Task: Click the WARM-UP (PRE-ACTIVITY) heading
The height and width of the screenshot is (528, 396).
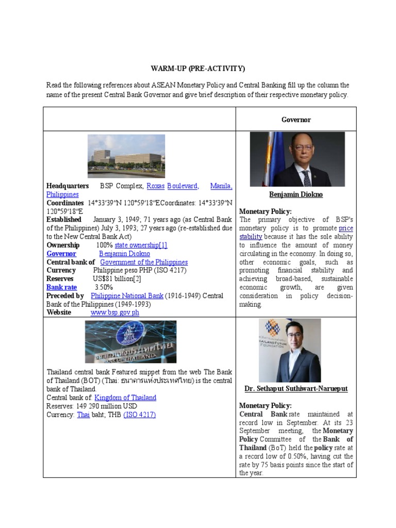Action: tap(198, 69)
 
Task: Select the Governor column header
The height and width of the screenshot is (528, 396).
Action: tap(296, 120)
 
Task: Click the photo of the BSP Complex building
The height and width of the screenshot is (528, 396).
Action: tap(126, 156)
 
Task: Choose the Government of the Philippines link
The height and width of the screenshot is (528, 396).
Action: tap(144, 262)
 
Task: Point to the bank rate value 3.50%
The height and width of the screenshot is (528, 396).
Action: tap(104, 287)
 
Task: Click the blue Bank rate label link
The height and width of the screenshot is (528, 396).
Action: tap(61, 287)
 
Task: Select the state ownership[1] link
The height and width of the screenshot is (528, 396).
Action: tap(141, 245)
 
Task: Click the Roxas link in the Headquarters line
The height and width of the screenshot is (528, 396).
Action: tap(155, 186)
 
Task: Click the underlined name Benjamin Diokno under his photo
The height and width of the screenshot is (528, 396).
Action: tap(296, 194)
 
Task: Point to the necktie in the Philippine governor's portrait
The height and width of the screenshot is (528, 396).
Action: tap(306, 176)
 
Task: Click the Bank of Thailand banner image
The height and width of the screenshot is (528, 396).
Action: tap(130, 342)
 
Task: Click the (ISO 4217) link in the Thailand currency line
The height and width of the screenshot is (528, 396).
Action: tap(139, 415)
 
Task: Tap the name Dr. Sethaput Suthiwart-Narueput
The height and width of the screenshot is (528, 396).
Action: tap(296, 389)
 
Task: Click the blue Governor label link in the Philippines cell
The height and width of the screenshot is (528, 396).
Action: tap(61, 254)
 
